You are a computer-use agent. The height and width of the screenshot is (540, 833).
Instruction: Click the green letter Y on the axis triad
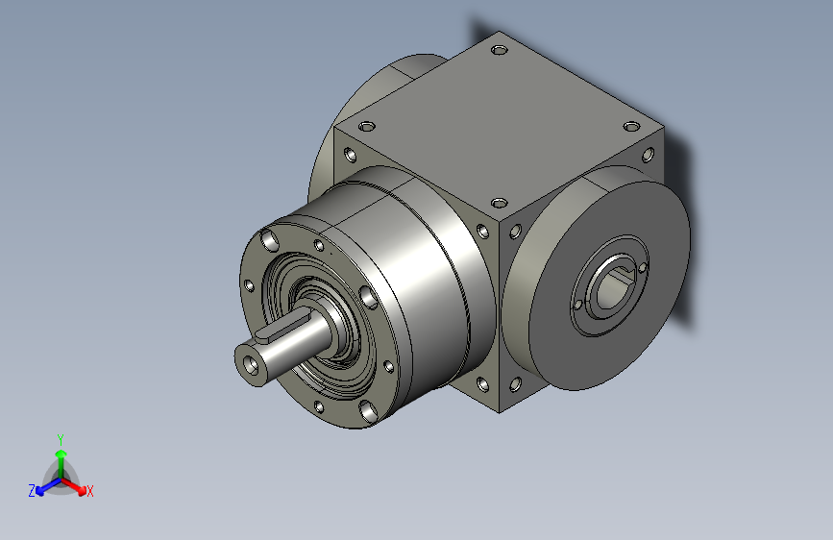(61, 439)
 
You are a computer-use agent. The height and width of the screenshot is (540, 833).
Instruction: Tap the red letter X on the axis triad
(89, 491)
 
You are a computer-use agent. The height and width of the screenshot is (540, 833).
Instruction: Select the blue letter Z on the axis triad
(32, 491)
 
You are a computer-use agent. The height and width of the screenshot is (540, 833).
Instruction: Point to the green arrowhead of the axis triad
(61, 454)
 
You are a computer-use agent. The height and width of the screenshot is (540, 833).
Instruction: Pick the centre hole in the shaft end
(250, 363)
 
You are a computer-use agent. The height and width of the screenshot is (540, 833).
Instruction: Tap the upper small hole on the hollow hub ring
(642, 267)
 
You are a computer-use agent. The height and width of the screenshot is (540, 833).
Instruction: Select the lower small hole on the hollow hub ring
(578, 306)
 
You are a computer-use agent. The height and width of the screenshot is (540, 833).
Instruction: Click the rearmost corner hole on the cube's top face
(500, 51)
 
